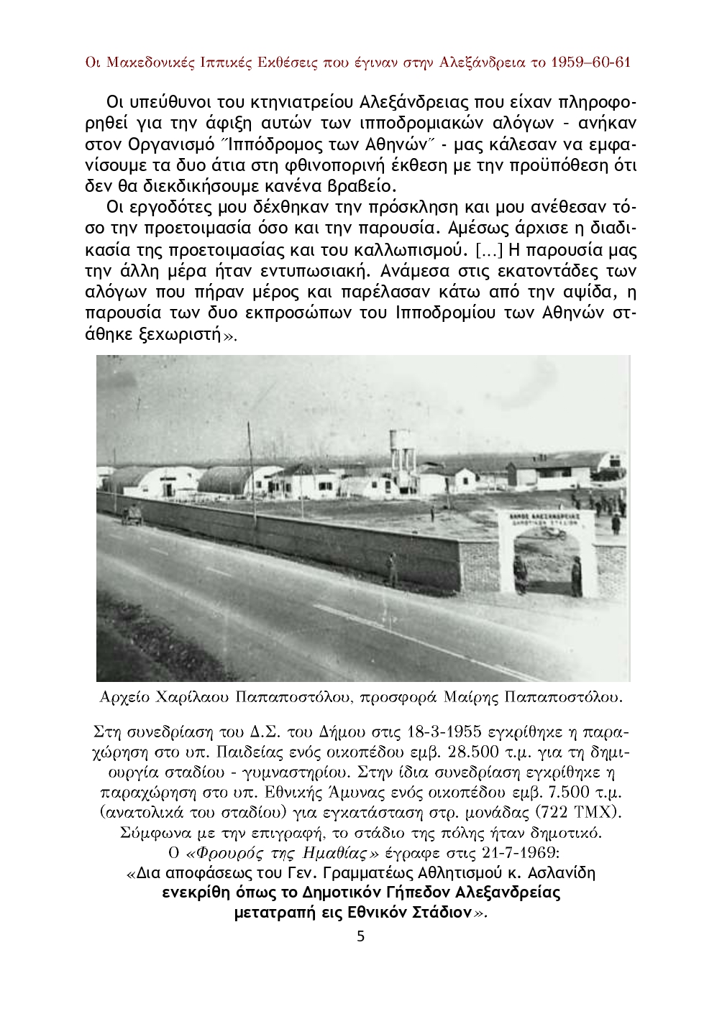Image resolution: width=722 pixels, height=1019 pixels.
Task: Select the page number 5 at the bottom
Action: pos(361,936)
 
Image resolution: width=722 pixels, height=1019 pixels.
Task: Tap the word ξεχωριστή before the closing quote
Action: pos(174,335)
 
